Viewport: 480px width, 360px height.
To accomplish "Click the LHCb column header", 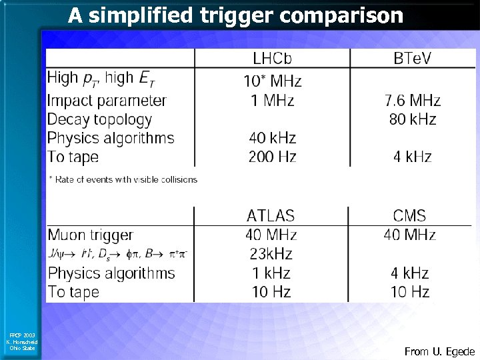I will (272, 59).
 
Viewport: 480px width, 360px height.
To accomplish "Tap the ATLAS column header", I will (271, 216).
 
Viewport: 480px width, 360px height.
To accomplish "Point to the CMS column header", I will (410, 216).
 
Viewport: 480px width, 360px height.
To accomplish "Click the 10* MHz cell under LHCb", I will (272, 82).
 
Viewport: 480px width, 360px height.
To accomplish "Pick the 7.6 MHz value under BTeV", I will (412, 101).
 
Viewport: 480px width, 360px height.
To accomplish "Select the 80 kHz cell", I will (412, 120).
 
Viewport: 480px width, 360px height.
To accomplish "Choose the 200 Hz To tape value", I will (272, 157).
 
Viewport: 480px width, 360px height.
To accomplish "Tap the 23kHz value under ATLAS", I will (271, 254).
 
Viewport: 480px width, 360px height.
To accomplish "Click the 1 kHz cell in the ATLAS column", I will (271, 273).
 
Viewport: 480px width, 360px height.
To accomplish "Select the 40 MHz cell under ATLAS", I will (271, 235).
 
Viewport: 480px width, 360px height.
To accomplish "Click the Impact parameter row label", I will (107, 101).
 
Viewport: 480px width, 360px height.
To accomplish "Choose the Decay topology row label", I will (99, 120).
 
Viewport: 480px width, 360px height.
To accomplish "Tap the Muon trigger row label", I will (90, 235).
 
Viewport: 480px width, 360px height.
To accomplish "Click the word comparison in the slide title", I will (342, 15).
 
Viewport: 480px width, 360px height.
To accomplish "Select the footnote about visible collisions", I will (123, 179).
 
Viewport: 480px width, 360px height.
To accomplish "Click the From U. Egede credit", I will (439, 351).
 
